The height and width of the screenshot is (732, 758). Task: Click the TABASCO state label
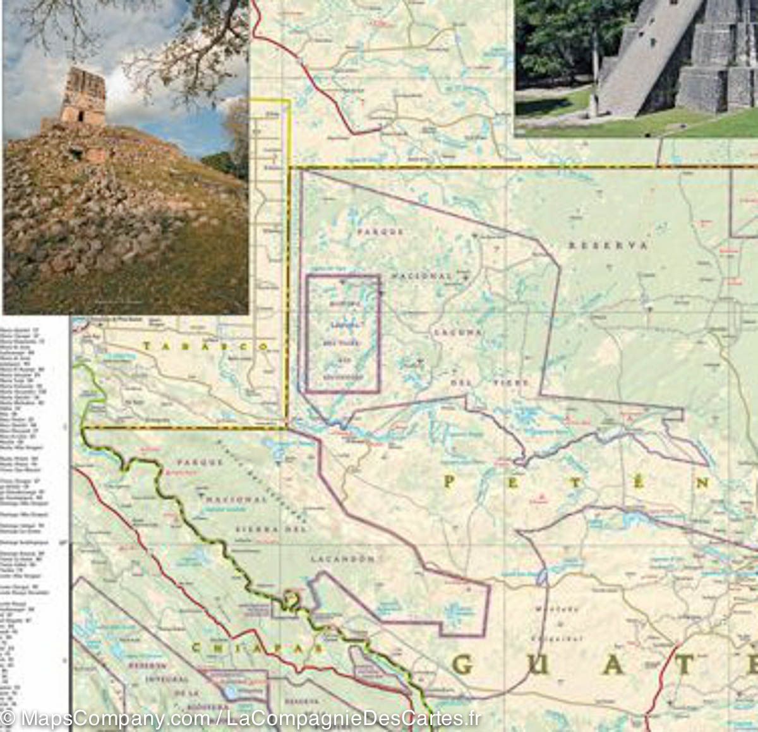click(206, 346)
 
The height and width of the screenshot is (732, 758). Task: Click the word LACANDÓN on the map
click(343, 559)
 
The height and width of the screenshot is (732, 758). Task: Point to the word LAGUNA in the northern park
click(458, 331)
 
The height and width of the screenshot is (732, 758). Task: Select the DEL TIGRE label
click(490, 383)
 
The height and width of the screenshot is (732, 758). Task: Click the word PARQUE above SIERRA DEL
click(200, 462)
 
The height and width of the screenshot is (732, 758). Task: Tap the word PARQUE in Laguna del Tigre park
click(380, 232)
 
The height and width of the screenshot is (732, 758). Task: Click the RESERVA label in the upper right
click(608, 245)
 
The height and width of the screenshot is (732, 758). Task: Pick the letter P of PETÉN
click(449, 482)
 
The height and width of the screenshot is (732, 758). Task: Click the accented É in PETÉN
click(638, 483)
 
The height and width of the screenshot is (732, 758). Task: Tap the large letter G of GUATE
click(464, 665)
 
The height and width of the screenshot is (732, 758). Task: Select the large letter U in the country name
click(538, 665)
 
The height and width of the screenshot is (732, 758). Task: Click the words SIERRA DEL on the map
click(270, 528)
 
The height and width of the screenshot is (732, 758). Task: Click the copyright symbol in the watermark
click(9, 719)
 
